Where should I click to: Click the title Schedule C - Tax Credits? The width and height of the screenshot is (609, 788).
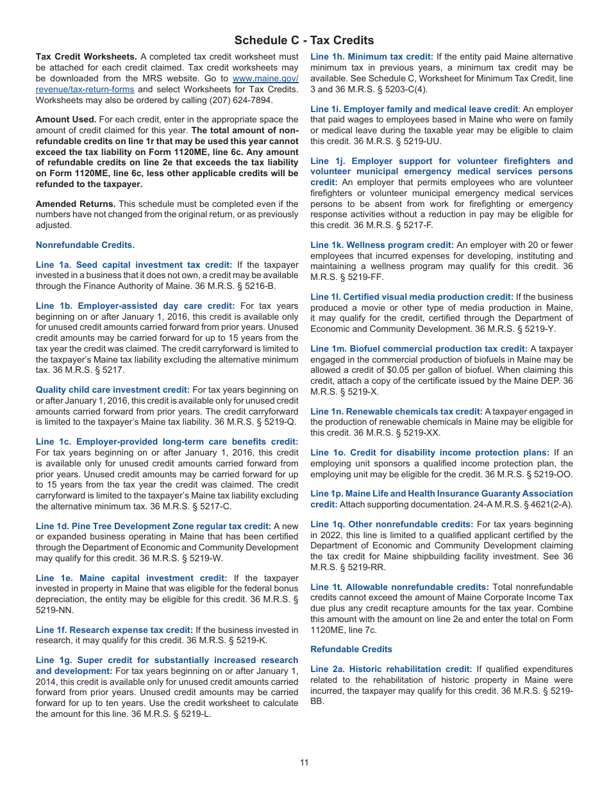click(304, 40)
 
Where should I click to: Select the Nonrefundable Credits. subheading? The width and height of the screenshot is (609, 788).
click(85, 245)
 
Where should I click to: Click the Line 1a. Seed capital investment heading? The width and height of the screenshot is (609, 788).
click(134, 265)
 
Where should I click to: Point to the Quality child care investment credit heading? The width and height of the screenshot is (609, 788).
click(113, 390)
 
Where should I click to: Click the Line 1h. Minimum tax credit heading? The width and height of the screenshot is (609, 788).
click(372, 57)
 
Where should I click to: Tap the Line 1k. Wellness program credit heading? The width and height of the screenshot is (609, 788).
click(382, 245)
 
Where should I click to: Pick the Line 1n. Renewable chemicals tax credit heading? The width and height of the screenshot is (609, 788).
click(396, 411)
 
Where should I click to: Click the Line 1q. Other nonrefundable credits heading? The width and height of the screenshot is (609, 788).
click(392, 524)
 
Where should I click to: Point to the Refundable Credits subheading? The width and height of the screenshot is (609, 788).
click(351, 649)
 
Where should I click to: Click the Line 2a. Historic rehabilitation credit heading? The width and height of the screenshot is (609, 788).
click(391, 669)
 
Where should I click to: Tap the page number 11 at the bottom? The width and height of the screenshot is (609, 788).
click(304, 762)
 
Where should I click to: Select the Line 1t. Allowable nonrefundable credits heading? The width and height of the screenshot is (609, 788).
click(399, 587)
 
